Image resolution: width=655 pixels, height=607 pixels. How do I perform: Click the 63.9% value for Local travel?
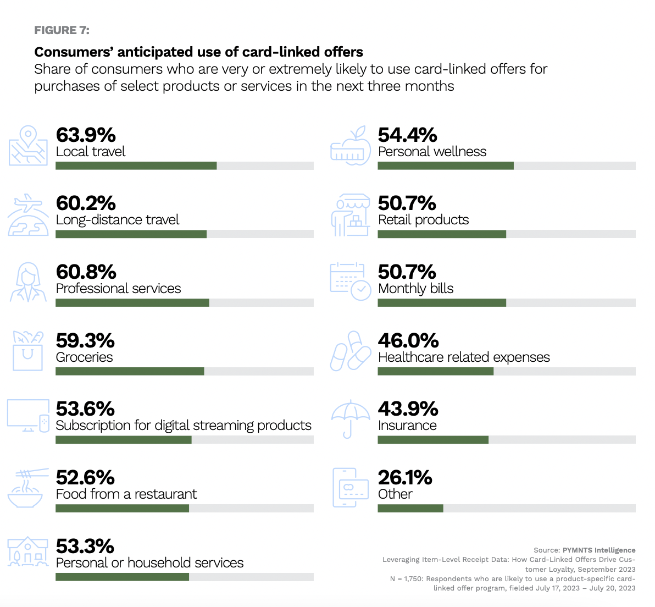click(x=86, y=135)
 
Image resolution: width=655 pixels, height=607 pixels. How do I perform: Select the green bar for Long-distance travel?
click(x=131, y=234)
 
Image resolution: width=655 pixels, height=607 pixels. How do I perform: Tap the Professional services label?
click(x=118, y=289)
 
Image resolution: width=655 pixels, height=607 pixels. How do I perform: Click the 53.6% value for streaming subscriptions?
click(x=85, y=409)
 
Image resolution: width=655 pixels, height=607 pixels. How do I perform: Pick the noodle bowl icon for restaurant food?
click(x=25, y=489)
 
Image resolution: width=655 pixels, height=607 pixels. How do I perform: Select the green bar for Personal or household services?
click(x=122, y=577)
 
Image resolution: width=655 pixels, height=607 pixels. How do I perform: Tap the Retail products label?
click(x=423, y=220)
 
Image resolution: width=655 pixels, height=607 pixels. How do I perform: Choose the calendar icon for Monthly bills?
click(x=350, y=281)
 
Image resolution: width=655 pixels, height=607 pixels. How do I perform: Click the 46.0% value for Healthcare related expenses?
click(x=408, y=341)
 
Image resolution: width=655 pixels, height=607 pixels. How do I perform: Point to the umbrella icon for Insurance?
click(x=351, y=418)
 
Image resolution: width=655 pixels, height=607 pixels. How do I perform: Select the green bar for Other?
click(x=410, y=509)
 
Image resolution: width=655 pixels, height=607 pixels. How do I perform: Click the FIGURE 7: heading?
click(x=62, y=30)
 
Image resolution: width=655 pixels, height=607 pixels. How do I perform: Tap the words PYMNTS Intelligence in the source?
click(x=599, y=550)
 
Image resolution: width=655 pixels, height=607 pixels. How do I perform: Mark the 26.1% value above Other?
click(x=405, y=478)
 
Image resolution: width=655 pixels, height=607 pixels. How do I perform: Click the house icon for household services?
click(x=27, y=552)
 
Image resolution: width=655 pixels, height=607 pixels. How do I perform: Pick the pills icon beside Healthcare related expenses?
click(x=350, y=351)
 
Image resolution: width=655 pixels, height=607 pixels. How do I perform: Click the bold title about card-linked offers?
click(x=198, y=52)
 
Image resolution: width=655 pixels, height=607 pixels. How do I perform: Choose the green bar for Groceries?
click(x=130, y=372)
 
